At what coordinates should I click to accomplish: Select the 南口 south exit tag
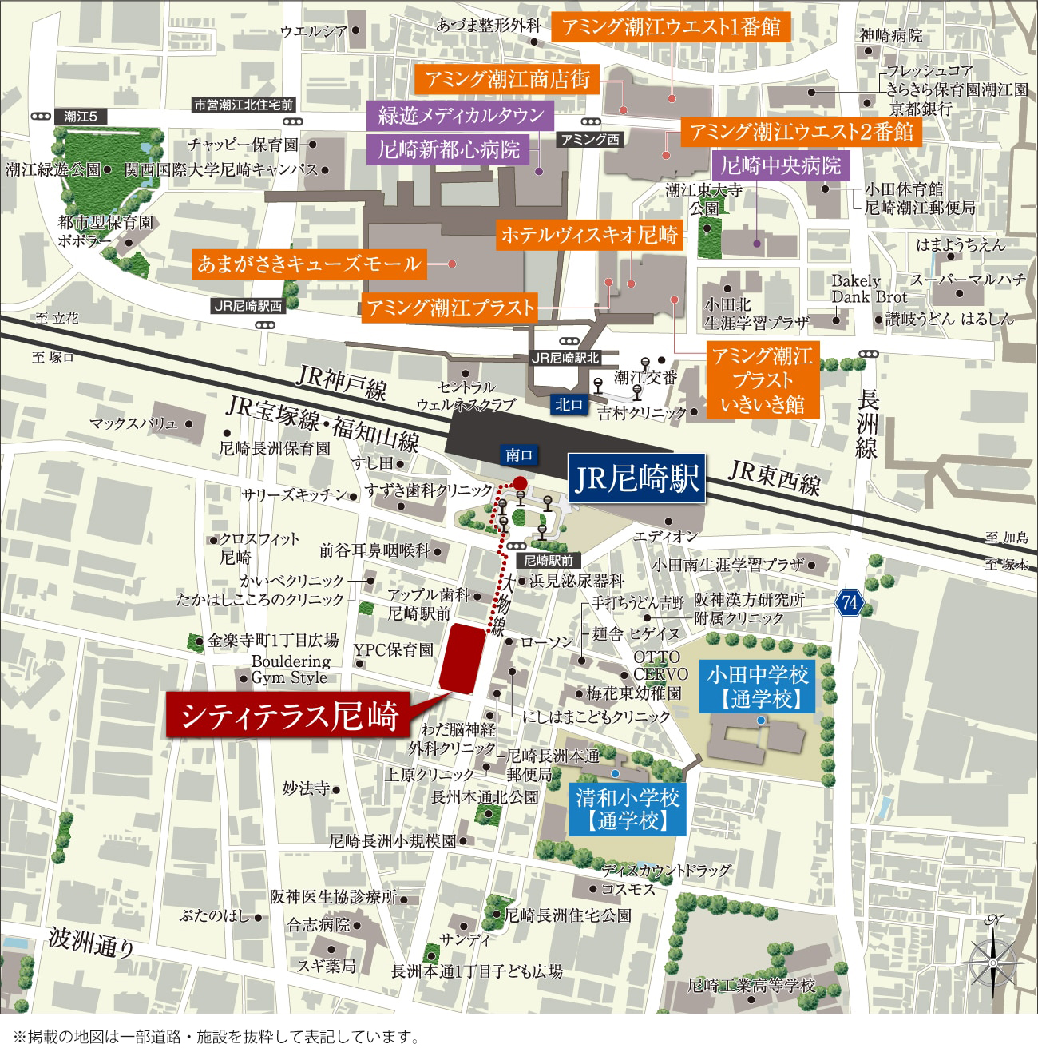[x=519, y=455]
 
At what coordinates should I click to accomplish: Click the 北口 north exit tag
[x=569, y=405]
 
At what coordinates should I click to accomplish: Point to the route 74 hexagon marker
[x=849, y=603]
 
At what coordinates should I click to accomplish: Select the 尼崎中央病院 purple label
[x=781, y=166]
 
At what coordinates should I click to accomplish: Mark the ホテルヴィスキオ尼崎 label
[x=588, y=235]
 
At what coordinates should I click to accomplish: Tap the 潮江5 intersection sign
[x=81, y=117]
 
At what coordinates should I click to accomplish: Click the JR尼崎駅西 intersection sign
[x=248, y=305]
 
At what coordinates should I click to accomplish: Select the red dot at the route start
[x=519, y=482]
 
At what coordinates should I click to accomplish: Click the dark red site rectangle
[x=463, y=657]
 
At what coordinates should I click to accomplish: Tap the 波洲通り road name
[x=92, y=942]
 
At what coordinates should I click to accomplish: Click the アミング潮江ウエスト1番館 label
[x=671, y=28]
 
